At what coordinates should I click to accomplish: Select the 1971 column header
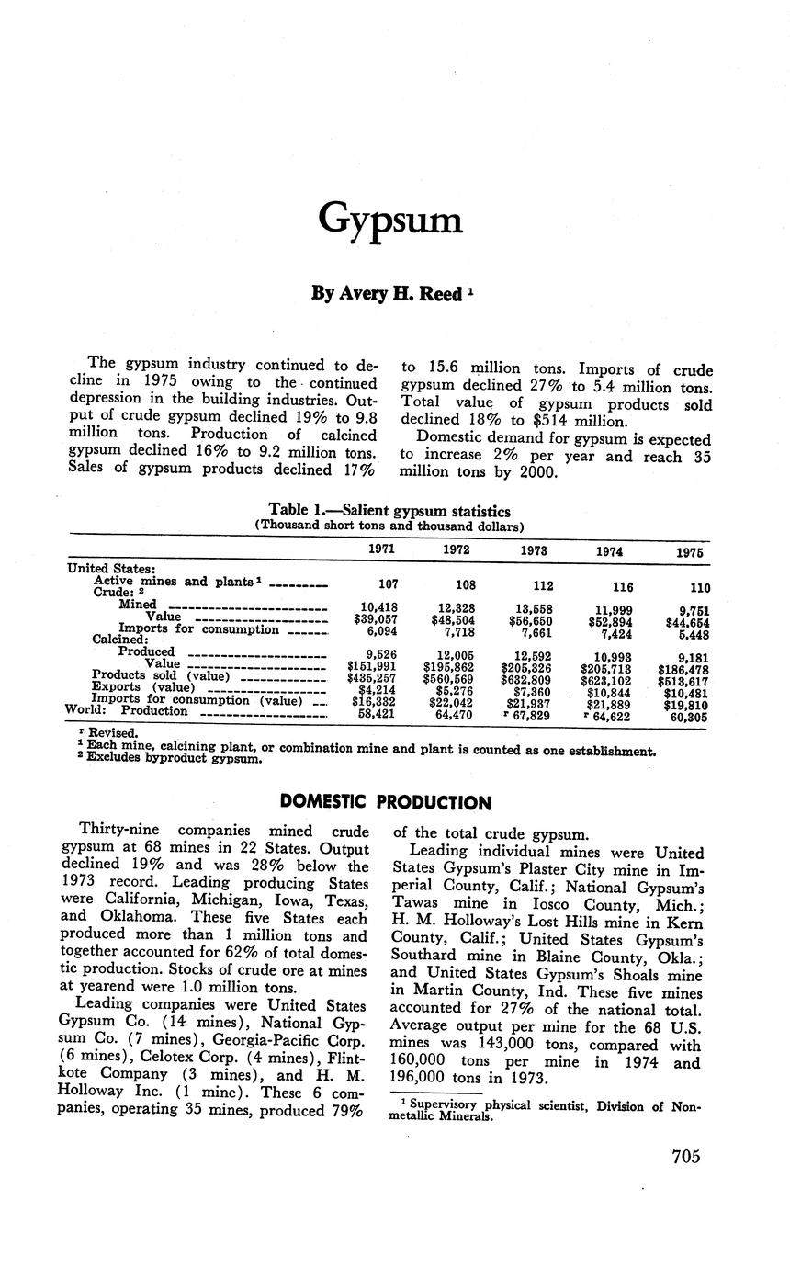[x=381, y=549]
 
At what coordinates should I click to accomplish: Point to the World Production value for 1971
[x=378, y=713]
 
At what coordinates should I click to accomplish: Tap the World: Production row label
[x=127, y=710]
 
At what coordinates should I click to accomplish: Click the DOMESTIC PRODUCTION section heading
[x=385, y=803]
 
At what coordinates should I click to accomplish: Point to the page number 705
[x=685, y=1156]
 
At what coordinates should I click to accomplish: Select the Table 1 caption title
[x=389, y=511]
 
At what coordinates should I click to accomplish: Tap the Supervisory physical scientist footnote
[x=547, y=1111]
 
